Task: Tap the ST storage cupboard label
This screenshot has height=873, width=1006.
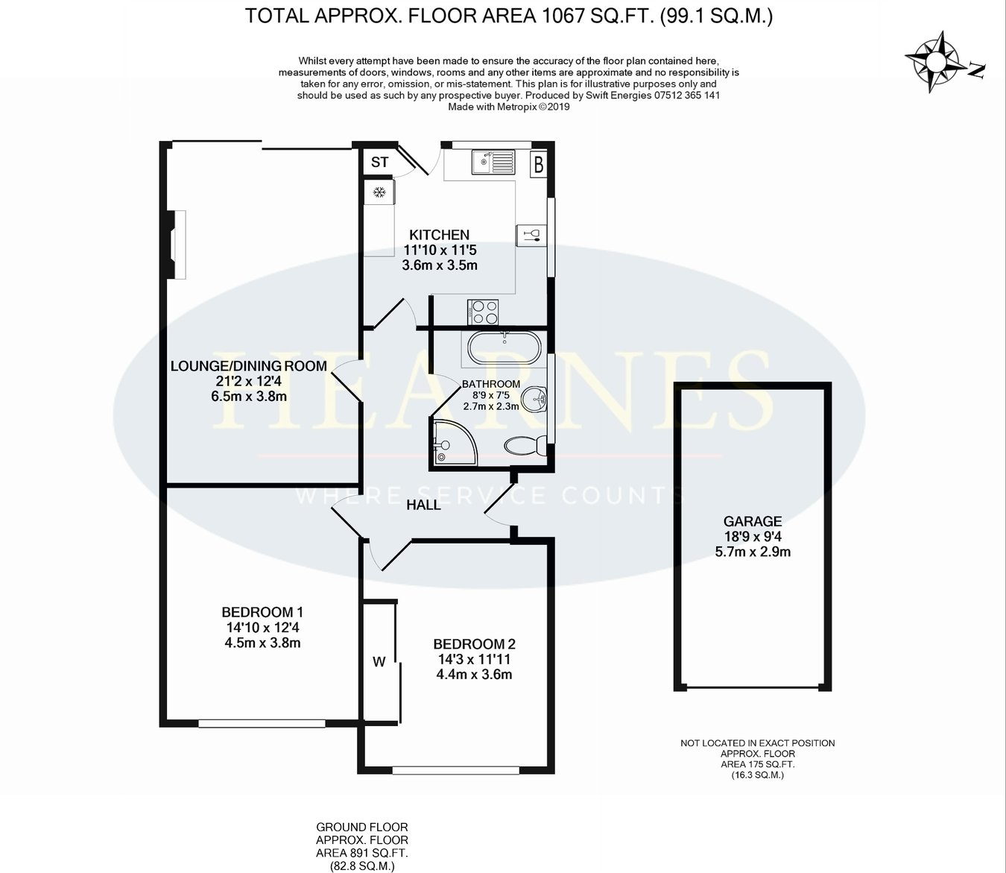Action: tap(379, 162)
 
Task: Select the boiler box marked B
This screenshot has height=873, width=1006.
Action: tap(539, 165)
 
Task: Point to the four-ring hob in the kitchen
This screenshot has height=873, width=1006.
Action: tap(483, 312)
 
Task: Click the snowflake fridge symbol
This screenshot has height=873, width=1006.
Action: tap(379, 192)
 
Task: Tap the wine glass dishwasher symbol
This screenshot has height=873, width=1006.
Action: tap(531, 236)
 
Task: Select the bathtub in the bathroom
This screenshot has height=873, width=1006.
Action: tap(504, 347)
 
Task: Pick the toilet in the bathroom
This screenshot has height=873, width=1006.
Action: tap(525, 446)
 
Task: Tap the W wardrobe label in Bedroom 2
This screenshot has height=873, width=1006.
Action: tap(379, 663)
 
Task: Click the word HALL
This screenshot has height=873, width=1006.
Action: tap(423, 505)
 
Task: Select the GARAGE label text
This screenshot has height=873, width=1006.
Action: tap(753, 521)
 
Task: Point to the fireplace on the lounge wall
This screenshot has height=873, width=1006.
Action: tap(177, 245)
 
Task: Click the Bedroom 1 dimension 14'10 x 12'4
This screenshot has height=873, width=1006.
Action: tap(262, 628)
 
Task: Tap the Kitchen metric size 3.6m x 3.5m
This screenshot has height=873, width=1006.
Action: tap(440, 265)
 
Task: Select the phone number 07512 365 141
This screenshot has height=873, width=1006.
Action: tap(687, 95)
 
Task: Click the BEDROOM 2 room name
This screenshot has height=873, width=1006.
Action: tap(474, 644)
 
